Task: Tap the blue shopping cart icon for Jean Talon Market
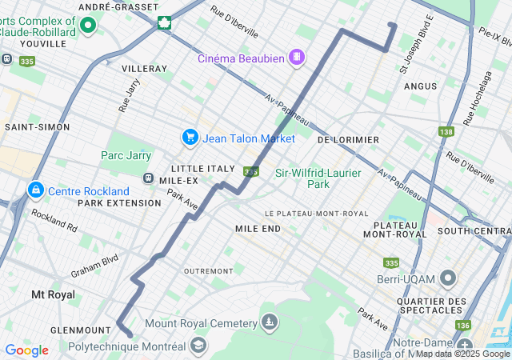tap(190, 138)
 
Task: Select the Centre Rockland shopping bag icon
tap(35, 190)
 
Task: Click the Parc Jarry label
tap(126, 155)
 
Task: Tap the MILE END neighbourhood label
tap(258, 229)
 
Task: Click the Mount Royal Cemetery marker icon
tap(270, 322)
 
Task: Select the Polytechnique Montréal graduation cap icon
tap(198, 346)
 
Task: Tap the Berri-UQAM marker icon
tap(447, 279)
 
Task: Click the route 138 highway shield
tap(446, 131)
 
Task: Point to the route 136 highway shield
tap(462, 325)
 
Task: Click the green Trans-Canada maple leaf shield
tap(164, 22)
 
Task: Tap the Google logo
tap(26, 350)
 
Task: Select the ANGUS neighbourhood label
tap(420, 86)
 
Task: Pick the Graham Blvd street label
tap(94, 263)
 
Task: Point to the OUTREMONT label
tap(207, 270)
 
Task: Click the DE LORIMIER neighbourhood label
tap(348, 139)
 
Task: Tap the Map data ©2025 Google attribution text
tap(462, 354)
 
